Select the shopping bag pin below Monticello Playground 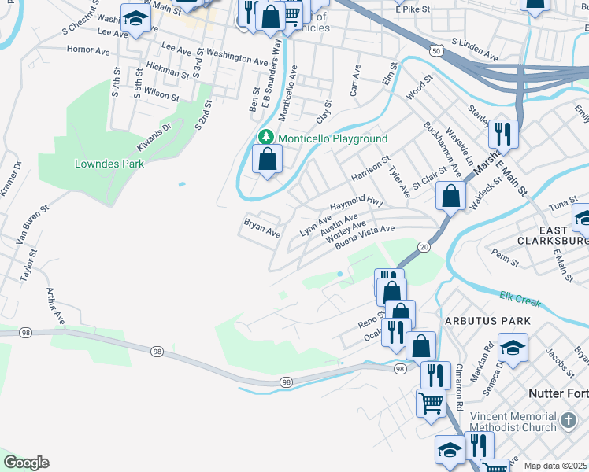tap(268, 159)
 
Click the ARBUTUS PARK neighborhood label tap(487, 322)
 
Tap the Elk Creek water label tap(520, 297)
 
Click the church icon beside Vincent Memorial tap(569, 422)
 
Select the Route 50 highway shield tap(437, 50)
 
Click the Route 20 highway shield tap(424, 247)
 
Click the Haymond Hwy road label tap(356, 203)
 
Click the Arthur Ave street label tap(54, 305)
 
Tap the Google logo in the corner tap(26, 463)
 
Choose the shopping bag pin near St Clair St tap(451, 197)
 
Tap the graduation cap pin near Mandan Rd tap(513, 347)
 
